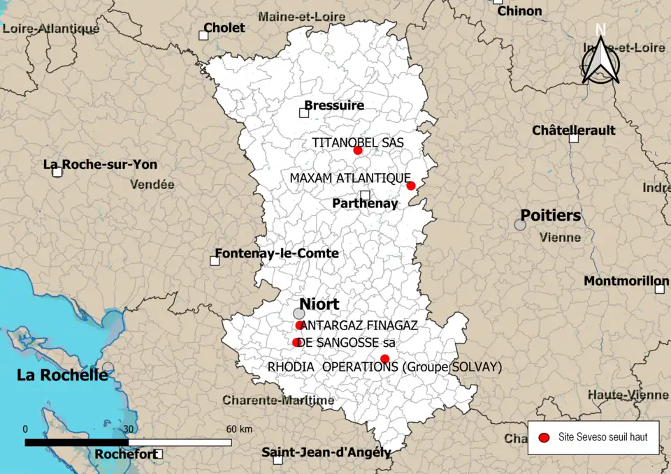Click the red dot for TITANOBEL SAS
(358, 150)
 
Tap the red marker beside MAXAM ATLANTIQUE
(411, 186)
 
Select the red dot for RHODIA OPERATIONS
(384, 359)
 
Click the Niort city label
(319, 304)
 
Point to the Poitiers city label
(550, 215)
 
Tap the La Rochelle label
(62, 375)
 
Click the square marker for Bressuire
(304, 112)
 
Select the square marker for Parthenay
(365, 195)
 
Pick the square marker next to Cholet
(204, 35)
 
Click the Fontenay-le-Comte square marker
(215, 261)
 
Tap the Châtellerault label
(573, 131)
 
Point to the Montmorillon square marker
(659, 288)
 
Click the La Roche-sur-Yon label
(100, 165)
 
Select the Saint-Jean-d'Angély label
(326, 452)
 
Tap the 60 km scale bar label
(238, 429)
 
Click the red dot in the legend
(543, 438)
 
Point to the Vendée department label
(152, 185)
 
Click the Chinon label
(519, 11)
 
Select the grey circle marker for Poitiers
(520, 225)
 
